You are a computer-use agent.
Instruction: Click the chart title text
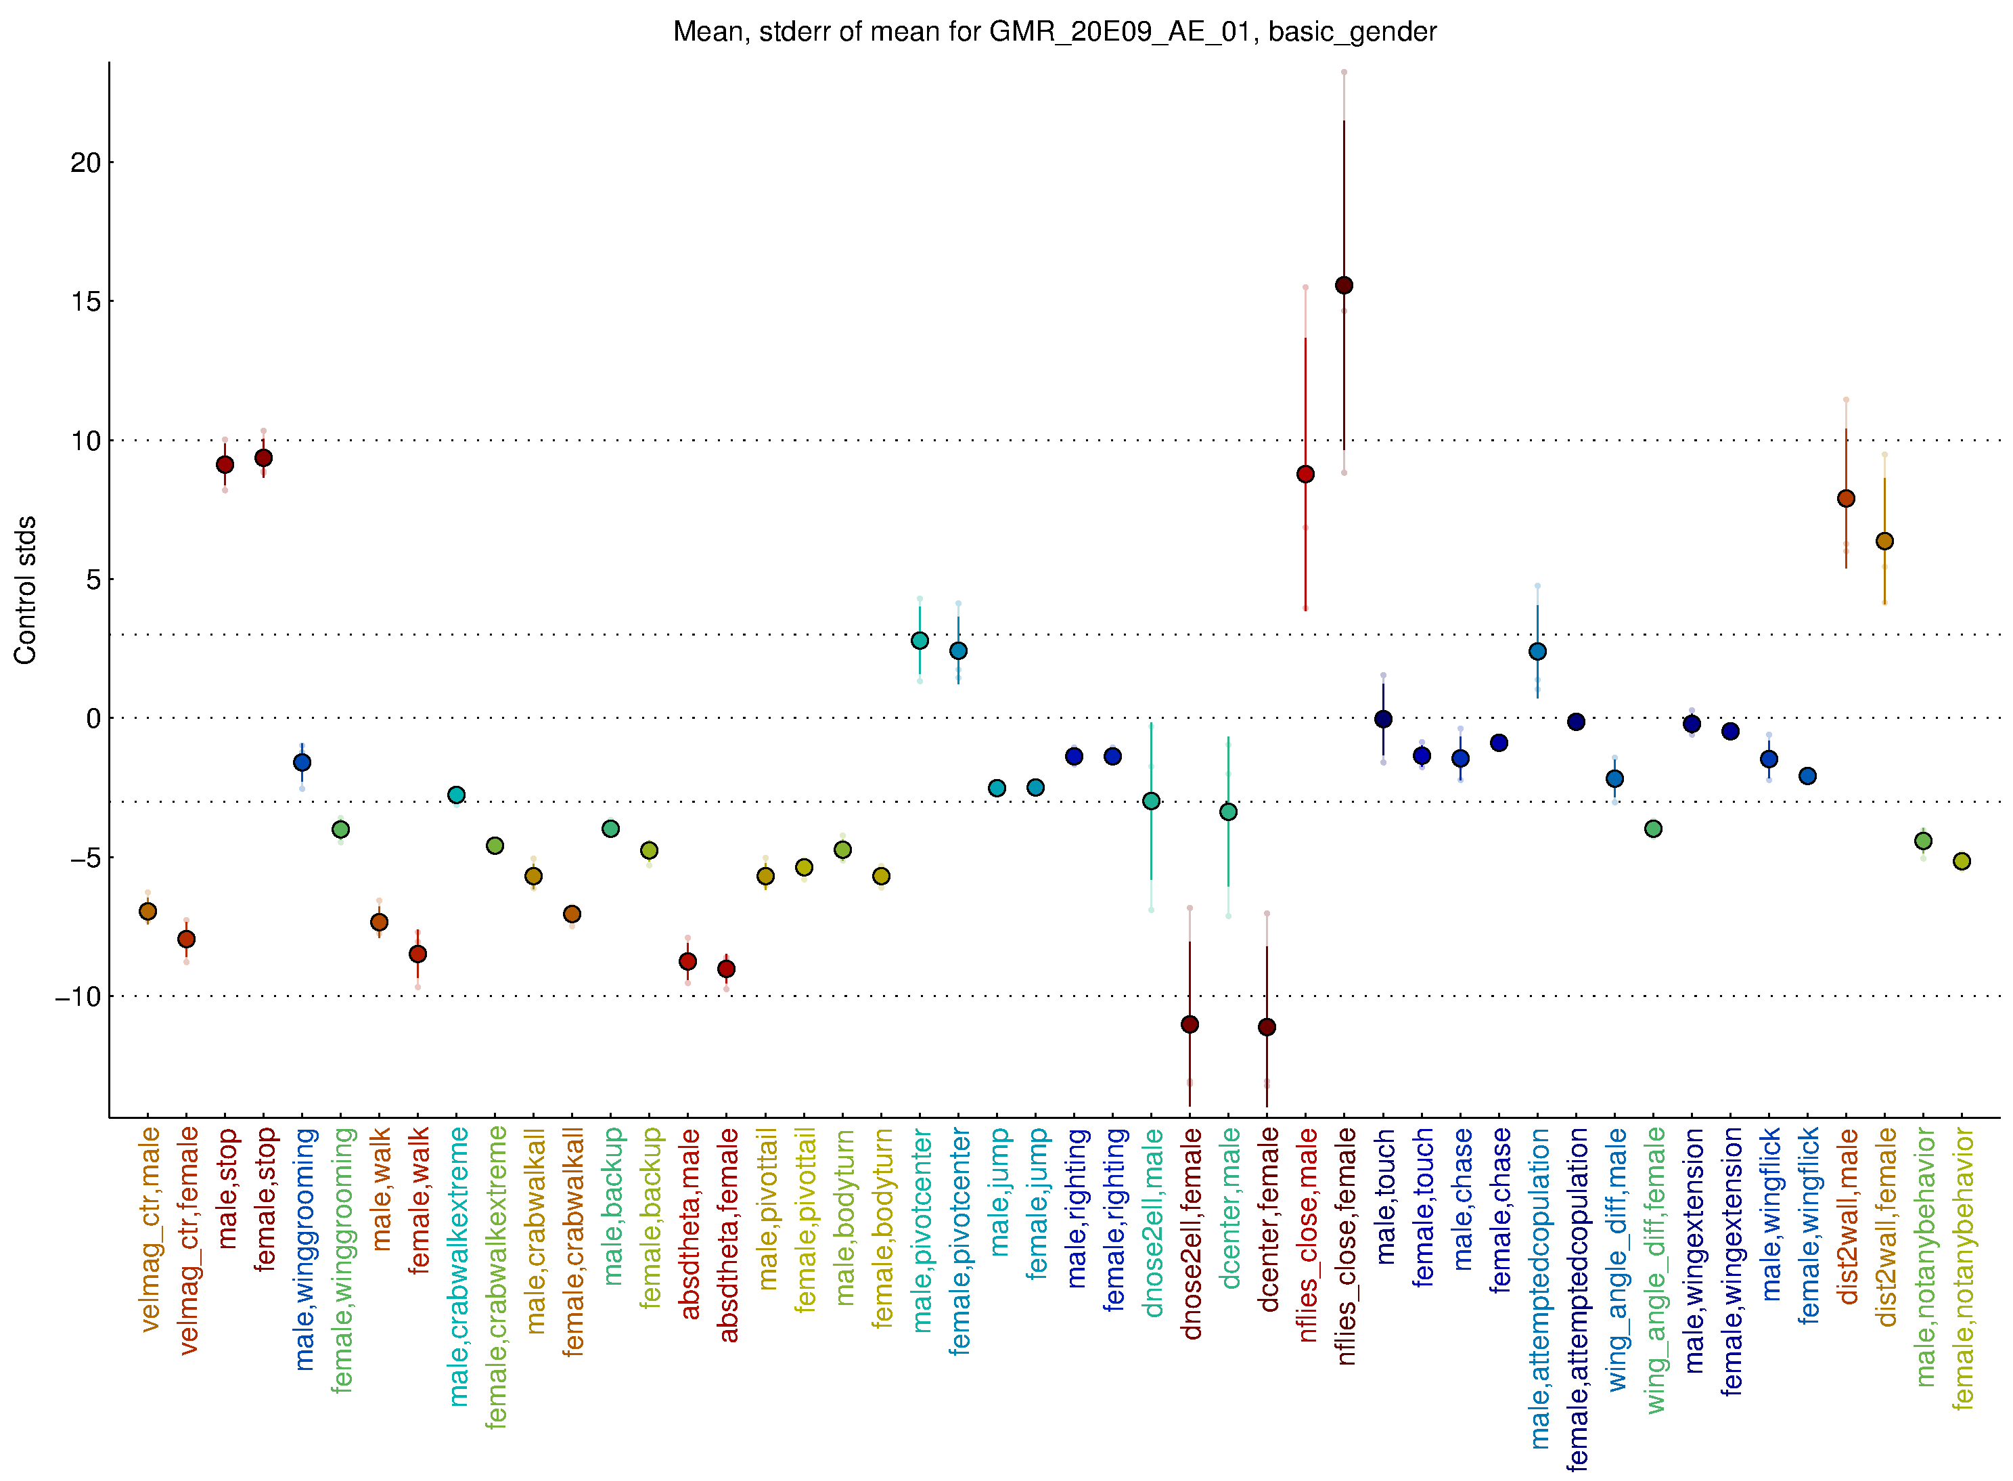coord(1054,32)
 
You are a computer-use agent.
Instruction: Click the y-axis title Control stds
coord(25,590)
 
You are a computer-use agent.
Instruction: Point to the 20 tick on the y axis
coord(86,163)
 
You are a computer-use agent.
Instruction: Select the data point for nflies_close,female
coord(1344,285)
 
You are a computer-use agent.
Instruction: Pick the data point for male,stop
coord(225,464)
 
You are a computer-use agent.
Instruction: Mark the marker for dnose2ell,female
coord(1190,1024)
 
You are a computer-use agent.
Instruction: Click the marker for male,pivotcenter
coord(920,640)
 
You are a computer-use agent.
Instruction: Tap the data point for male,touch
coord(1383,719)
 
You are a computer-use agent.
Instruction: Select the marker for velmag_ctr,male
coord(148,911)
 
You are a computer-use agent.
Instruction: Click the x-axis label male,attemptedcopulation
coord(1539,1287)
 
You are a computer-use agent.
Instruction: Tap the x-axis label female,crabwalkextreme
coord(495,1277)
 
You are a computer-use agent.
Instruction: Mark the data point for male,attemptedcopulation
coord(1537,651)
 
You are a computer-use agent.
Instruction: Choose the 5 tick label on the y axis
coord(93,580)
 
